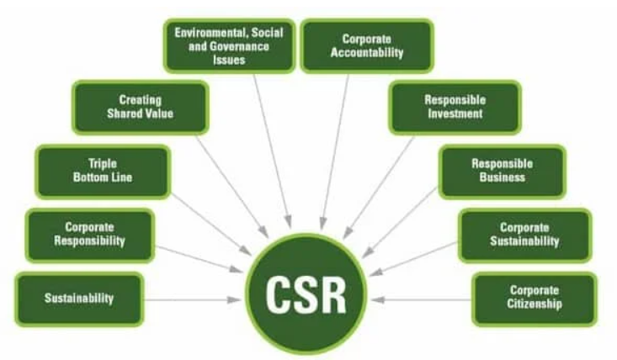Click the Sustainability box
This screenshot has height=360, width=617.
tap(79, 299)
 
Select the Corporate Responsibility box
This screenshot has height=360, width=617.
tap(90, 236)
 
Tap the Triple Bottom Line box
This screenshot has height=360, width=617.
tap(103, 172)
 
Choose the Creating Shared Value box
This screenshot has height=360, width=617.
tap(141, 108)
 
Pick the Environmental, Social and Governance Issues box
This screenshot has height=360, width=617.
tap(230, 46)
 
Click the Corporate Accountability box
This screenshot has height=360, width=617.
tap(367, 46)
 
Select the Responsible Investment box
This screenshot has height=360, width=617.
tap(455, 108)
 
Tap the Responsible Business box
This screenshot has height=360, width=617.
tap(503, 172)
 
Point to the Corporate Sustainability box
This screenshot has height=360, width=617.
tap(525, 236)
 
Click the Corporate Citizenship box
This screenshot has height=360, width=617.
tap(535, 299)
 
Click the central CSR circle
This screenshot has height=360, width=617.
tap(306, 294)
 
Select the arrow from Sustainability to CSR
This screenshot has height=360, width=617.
tap(193, 300)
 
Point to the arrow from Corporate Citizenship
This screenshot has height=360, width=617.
tap(421, 300)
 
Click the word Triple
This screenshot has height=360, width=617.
tap(103, 164)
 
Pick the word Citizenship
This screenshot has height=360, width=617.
tap(535, 304)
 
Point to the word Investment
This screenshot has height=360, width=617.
tap(455, 114)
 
